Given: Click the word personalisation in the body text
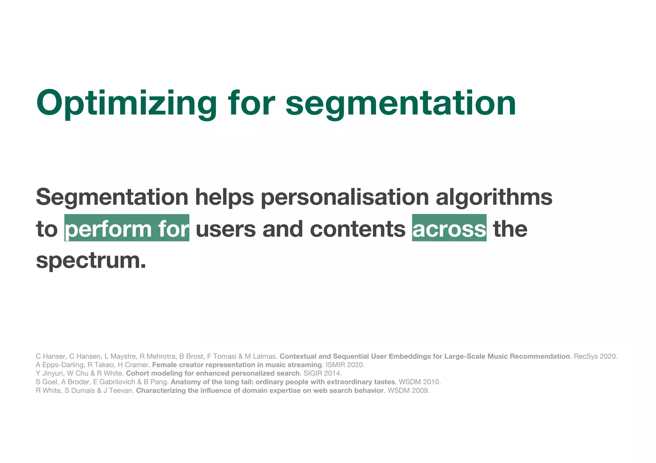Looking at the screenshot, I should (x=345, y=197).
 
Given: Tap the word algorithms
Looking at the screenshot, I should (x=494, y=197).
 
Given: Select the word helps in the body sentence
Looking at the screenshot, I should (x=225, y=197).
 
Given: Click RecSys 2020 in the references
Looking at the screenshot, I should (x=595, y=356).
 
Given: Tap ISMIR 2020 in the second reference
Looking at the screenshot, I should (x=345, y=365).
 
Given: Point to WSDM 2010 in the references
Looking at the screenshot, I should (x=420, y=382).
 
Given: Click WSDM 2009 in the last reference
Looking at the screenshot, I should (x=408, y=391).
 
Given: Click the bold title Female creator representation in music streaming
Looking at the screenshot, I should (x=237, y=365).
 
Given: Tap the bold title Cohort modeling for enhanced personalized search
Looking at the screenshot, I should (x=212, y=373).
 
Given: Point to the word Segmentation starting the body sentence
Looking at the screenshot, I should (x=112, y=197).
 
